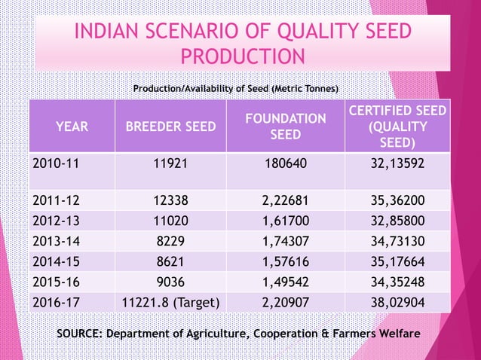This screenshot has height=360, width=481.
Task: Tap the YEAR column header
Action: tap(72, 127)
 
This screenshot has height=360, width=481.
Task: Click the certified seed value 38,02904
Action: tap(397, 304)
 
